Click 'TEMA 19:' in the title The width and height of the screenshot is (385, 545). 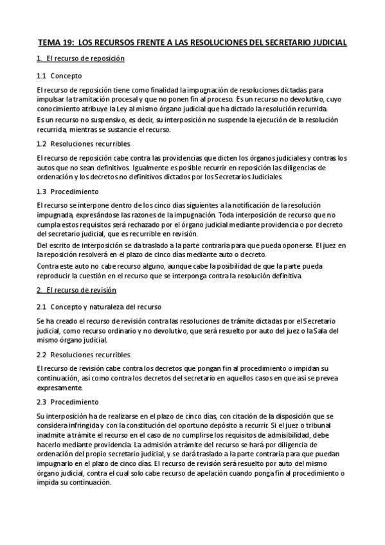click(56, 42)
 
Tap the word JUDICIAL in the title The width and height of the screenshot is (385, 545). click(328, 42)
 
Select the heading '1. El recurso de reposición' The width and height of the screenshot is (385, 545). click(80, 59)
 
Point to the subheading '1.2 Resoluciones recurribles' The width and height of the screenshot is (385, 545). click(84, 143)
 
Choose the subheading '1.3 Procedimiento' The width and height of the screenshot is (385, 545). click(67, 192)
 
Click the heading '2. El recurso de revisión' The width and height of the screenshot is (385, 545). click(77, 290)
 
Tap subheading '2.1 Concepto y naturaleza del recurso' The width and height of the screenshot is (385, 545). click(99, 307)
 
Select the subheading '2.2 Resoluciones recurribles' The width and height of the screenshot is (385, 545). click(84, 355)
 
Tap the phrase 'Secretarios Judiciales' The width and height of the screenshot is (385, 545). click(246, 176)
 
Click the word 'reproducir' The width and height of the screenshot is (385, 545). click(56, 276)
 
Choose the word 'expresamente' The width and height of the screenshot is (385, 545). click(60, 388)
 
